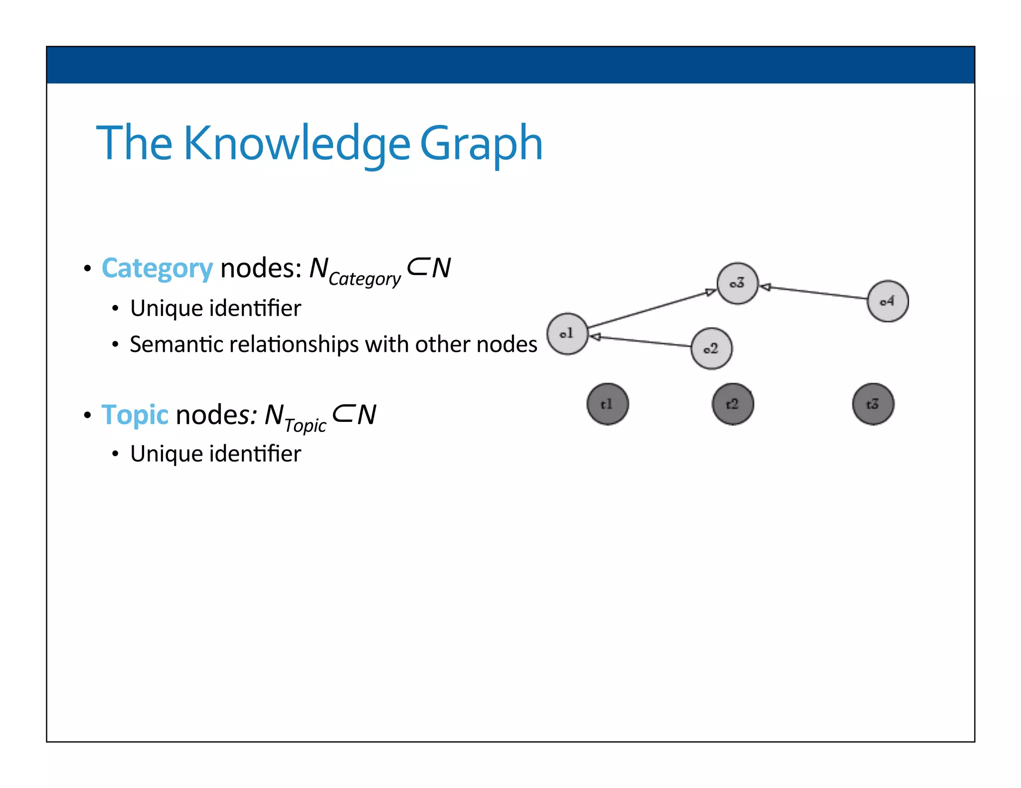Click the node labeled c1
[567, 334]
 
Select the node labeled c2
[711, 349]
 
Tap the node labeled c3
[737, 283]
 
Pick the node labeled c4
[887, 301]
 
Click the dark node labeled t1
[607, 404]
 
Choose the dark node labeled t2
[732, 404]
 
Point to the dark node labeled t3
[873, 404]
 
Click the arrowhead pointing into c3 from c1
[711, 292]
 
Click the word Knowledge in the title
[297, 143]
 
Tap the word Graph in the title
[481, 143]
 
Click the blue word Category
[157, 268]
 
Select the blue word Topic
[135, 414]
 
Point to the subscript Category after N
[364, 279]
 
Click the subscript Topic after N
[305, 425]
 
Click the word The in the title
[134, 143]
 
